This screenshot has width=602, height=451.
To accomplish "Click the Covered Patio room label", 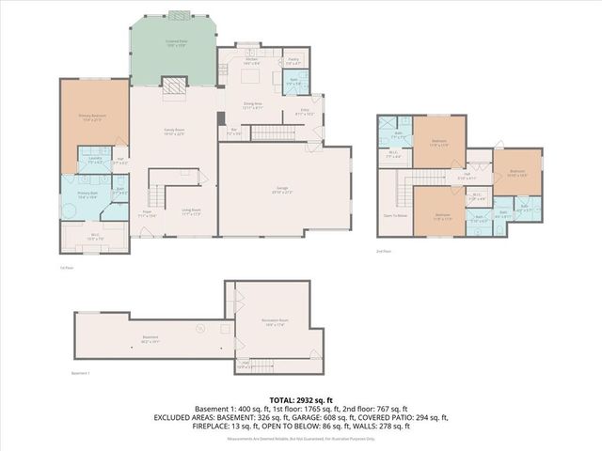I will pos(174,42).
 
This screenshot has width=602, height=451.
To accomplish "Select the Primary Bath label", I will pos(86,195).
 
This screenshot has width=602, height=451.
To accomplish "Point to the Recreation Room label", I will pos(276,322).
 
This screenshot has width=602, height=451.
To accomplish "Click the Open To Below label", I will pos(396,215).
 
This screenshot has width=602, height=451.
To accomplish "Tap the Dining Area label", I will pos(253,106).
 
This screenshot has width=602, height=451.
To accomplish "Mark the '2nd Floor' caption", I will pos(384,252).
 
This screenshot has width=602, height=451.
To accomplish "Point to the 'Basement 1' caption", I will pos(81,373).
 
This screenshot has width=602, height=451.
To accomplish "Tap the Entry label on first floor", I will pos(305,112).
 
